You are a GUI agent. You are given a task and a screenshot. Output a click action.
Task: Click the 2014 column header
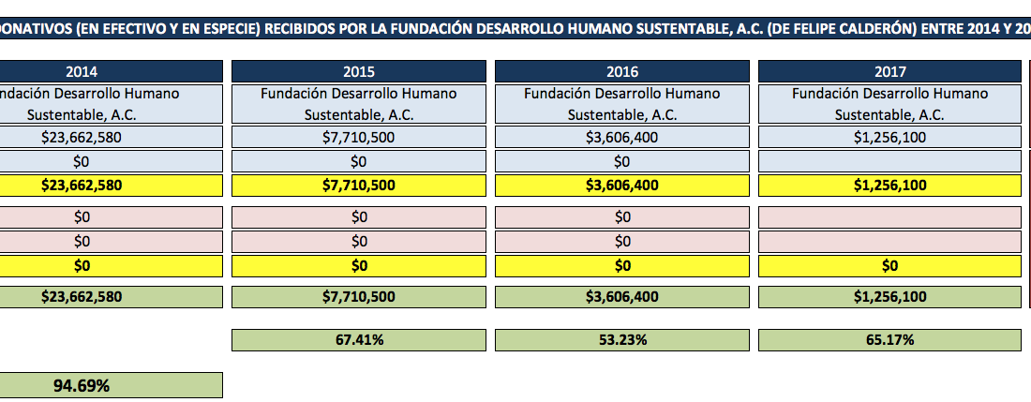[82, 71]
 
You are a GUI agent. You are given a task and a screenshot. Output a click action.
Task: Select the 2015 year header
[359, 71]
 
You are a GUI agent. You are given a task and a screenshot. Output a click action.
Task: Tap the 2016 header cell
[622, 71]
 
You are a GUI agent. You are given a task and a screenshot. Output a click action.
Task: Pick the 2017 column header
[889, 71]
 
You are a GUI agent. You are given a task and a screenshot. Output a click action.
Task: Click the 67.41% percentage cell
[359, 340]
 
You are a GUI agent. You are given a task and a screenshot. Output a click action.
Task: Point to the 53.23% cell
[622, 340]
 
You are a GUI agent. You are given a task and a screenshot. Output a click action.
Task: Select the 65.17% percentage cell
[889, 340]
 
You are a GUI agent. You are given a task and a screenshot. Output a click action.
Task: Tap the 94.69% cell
[82, 385]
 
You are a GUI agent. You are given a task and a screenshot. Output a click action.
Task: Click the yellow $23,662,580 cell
[82, 185]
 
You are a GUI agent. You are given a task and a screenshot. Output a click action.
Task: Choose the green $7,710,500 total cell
[359, 297]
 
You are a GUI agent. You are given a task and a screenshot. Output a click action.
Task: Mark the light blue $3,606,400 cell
[622, 137]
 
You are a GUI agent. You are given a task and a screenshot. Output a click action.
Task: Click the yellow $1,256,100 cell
[889, 185]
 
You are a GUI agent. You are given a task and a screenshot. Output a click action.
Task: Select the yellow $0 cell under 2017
[889, 265]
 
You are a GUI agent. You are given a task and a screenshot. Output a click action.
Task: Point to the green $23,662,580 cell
[82, 297]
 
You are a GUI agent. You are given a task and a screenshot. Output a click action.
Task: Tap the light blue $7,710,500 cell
[359, 137]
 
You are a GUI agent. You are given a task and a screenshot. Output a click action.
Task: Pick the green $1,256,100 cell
[889, 297]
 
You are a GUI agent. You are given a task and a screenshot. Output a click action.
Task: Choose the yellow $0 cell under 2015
[359, 265]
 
